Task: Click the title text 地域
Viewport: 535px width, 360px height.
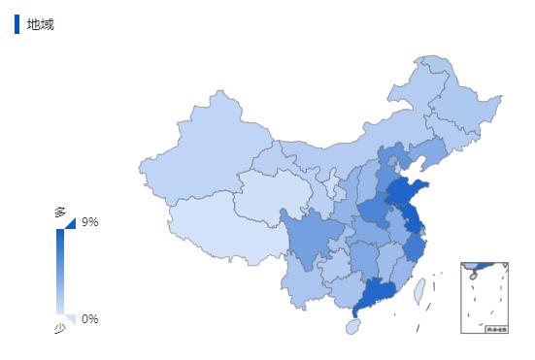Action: (x=40, y=24)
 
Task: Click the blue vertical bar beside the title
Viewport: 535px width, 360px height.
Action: (x=17, y=24)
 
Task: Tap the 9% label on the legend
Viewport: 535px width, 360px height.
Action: (x=89, y=222)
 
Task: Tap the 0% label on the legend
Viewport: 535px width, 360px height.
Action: (x=89, y=319)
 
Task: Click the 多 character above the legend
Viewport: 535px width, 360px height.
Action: (x=59, y=212)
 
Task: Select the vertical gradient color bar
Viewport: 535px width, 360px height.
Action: (x=60, y=272)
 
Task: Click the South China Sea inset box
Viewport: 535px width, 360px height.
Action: (x=485, y=297)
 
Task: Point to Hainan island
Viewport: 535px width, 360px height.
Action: (x=351, y=327)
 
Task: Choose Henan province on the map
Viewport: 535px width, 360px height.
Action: (x=373, y=213)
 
